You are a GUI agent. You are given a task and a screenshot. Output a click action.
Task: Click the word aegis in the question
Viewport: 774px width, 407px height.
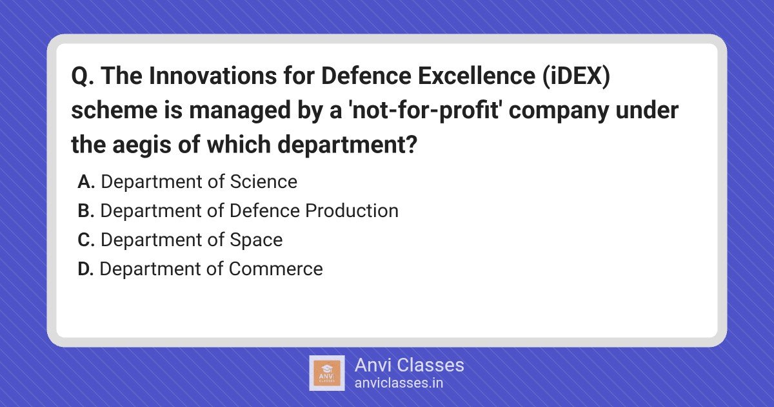141,145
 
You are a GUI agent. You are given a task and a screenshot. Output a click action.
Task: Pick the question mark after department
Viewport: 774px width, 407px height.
412,144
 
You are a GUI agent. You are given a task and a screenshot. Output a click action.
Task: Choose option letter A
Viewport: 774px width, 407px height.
86,182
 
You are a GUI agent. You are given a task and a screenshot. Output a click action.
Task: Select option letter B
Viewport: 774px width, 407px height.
86,211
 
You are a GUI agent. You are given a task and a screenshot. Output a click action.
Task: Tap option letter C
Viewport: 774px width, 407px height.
86,240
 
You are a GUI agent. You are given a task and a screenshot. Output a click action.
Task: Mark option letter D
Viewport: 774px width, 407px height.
86,269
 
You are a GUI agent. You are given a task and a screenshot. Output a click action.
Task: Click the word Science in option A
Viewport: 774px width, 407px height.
264,182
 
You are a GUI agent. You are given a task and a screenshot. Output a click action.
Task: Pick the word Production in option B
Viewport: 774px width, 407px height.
352,211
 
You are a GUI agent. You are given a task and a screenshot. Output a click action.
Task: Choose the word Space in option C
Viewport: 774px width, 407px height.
256,240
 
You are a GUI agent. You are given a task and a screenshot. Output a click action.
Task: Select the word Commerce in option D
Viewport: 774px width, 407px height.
276,269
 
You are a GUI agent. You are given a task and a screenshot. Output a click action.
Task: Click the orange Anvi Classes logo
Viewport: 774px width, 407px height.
327,373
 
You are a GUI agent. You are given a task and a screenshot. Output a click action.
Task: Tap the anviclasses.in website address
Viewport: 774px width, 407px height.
399,383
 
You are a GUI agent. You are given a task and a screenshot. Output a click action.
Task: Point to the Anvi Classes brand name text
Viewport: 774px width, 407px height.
409,365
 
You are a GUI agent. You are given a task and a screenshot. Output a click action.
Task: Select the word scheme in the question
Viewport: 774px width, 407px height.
114,110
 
